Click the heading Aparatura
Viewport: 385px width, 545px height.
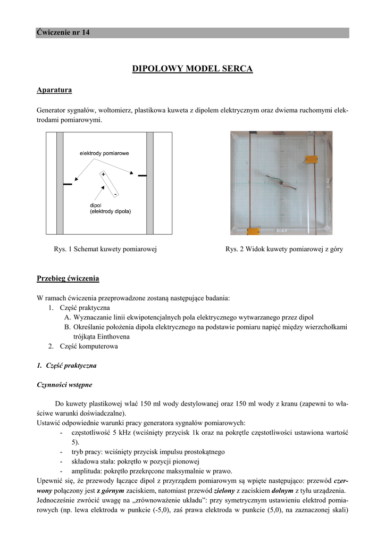54,90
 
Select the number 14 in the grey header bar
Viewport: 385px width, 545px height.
86,33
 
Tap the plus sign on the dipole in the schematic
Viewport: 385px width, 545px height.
103,174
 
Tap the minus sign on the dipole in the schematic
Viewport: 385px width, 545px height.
115,195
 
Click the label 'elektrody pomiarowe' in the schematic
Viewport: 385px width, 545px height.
104,153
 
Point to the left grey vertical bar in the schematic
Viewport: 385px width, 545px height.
60,183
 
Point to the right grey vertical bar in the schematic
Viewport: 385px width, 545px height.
150,183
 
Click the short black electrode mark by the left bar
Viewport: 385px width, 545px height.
68,185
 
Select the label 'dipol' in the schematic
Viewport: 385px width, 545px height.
96,205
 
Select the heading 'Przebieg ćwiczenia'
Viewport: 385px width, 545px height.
68,278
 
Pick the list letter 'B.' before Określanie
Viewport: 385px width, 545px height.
68,327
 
